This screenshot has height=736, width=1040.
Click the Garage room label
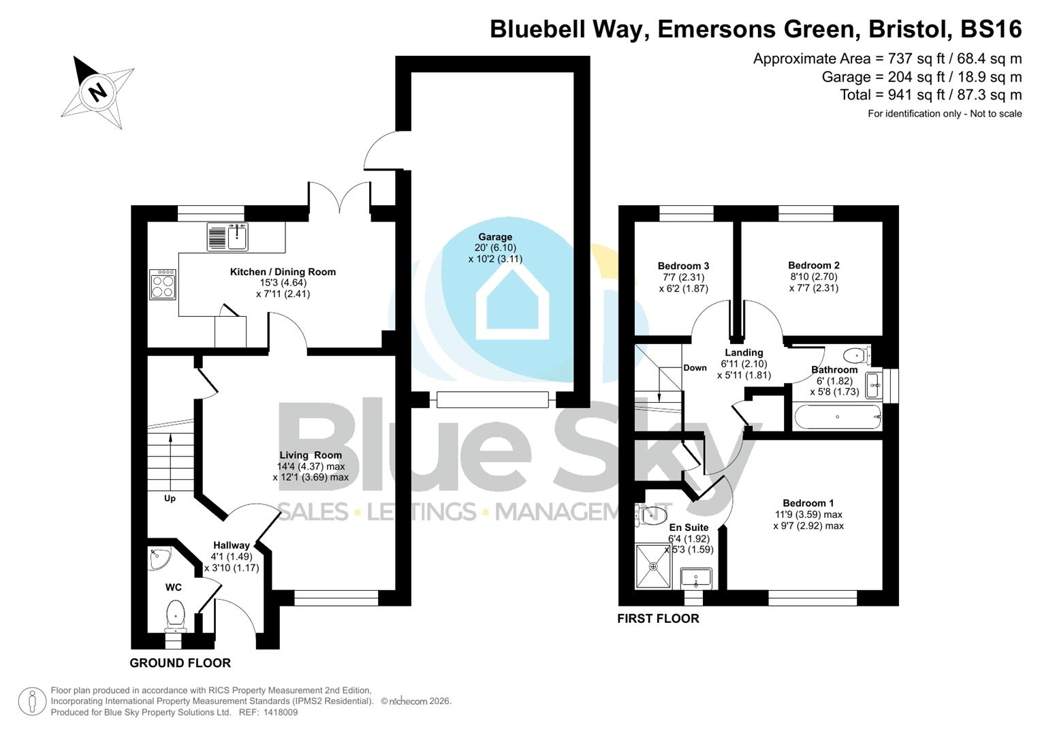(495, 237)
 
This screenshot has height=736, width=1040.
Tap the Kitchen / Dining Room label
(283, 272)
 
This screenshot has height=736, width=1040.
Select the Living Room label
(311, 455)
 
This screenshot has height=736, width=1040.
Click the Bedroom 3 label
(683, 266)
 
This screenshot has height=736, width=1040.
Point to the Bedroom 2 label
(813, 265)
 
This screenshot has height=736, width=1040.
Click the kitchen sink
(236, 237)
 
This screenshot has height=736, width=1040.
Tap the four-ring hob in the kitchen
(163, 284)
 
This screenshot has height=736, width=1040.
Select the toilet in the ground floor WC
(176, 615)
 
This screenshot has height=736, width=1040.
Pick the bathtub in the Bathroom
(837, 416)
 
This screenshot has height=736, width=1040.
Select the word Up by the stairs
(170, 498)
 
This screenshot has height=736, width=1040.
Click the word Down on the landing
(695, 368)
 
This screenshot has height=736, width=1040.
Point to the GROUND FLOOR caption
(180, 663)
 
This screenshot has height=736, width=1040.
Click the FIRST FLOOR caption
(658, 619)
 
